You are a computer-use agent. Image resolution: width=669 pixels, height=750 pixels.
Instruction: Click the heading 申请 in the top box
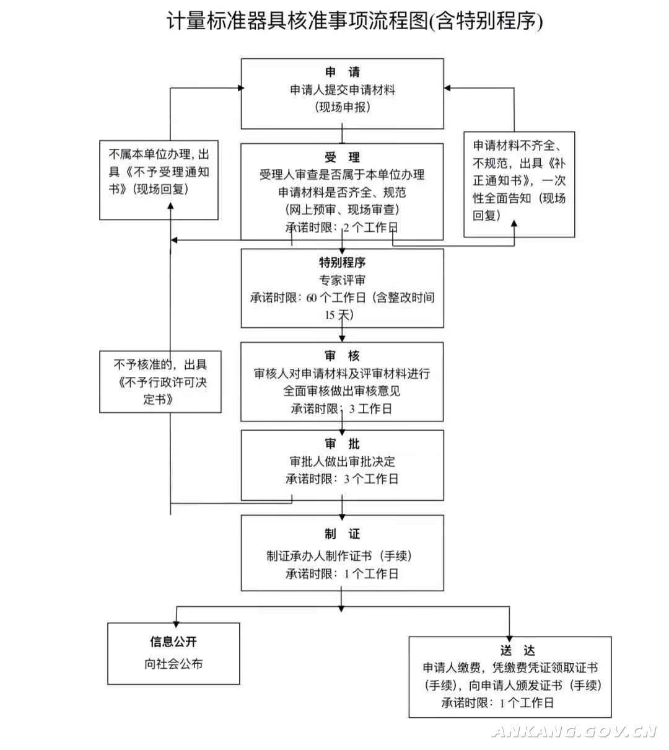(342, 73)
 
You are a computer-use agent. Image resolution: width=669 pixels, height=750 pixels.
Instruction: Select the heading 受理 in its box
(342, 157)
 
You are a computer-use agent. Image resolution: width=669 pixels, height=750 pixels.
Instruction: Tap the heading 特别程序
(342, 262)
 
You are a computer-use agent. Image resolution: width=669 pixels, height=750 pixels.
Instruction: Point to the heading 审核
(342, 356)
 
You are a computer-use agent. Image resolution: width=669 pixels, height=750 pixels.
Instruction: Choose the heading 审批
(342, 444)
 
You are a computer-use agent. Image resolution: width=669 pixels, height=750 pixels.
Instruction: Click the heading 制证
(342, 534)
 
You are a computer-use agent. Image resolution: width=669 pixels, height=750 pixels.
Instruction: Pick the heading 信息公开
(173, 642)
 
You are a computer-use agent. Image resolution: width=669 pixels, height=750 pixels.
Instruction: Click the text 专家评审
(342, 280)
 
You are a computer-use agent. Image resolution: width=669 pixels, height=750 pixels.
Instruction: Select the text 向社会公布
(173, 664)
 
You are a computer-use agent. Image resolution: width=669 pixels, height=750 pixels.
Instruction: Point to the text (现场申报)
(342, 107)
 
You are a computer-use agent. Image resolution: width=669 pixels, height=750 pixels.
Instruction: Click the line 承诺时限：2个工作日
(342, 227)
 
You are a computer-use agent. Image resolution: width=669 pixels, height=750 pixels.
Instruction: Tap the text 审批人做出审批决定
(342, 461)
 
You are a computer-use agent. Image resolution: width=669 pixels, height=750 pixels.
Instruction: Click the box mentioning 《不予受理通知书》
(159, 180)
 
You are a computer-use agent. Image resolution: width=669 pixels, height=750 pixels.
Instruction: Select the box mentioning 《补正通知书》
(519, 184)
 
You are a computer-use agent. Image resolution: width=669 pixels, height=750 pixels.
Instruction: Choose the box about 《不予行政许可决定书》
(160, 382)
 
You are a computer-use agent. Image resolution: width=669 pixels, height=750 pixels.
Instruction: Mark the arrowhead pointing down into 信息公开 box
(177, 620)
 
